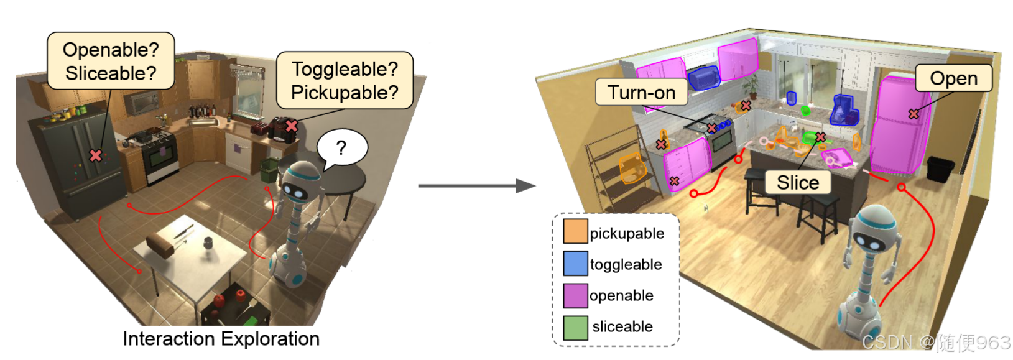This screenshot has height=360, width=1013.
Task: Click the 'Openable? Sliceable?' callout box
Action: tap(111, 61)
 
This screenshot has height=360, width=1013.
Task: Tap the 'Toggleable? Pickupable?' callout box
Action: tap(345, 80)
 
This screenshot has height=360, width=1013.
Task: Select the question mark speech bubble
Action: tap(341, 148)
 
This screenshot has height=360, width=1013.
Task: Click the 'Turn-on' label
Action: tap(641, 93)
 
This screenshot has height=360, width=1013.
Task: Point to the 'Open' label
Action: tap(953, 78)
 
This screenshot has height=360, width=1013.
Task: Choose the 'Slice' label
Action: tap(797, 183)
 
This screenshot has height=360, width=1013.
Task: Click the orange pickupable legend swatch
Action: tap(575, 231)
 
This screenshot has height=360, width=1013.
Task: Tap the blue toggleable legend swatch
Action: tap(575, 263)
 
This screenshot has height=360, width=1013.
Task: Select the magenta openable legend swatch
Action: tap(575, 295)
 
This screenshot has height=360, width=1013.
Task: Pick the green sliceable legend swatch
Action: tap(575, 327)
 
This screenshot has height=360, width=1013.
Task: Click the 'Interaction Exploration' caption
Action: tap(221, 339)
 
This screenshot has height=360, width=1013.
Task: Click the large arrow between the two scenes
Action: tap(476, 185)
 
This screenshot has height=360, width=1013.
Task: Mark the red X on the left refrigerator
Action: tap(95, 155)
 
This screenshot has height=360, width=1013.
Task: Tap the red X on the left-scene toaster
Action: tap(291, 126)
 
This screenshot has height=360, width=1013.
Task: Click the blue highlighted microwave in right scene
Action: tap(703, 78)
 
